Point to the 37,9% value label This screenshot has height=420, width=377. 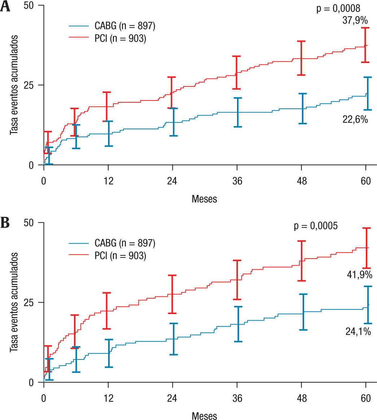355,21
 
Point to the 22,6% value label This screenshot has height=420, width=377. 355,120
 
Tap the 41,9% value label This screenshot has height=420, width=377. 359,275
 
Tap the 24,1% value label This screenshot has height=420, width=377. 358,331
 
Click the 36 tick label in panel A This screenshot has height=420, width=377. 237,181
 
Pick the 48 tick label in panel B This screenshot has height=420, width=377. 302,398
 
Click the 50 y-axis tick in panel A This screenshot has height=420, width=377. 32,5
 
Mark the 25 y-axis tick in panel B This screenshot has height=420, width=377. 32,302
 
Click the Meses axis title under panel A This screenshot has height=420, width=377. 205,198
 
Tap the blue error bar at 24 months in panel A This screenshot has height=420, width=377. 173,122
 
